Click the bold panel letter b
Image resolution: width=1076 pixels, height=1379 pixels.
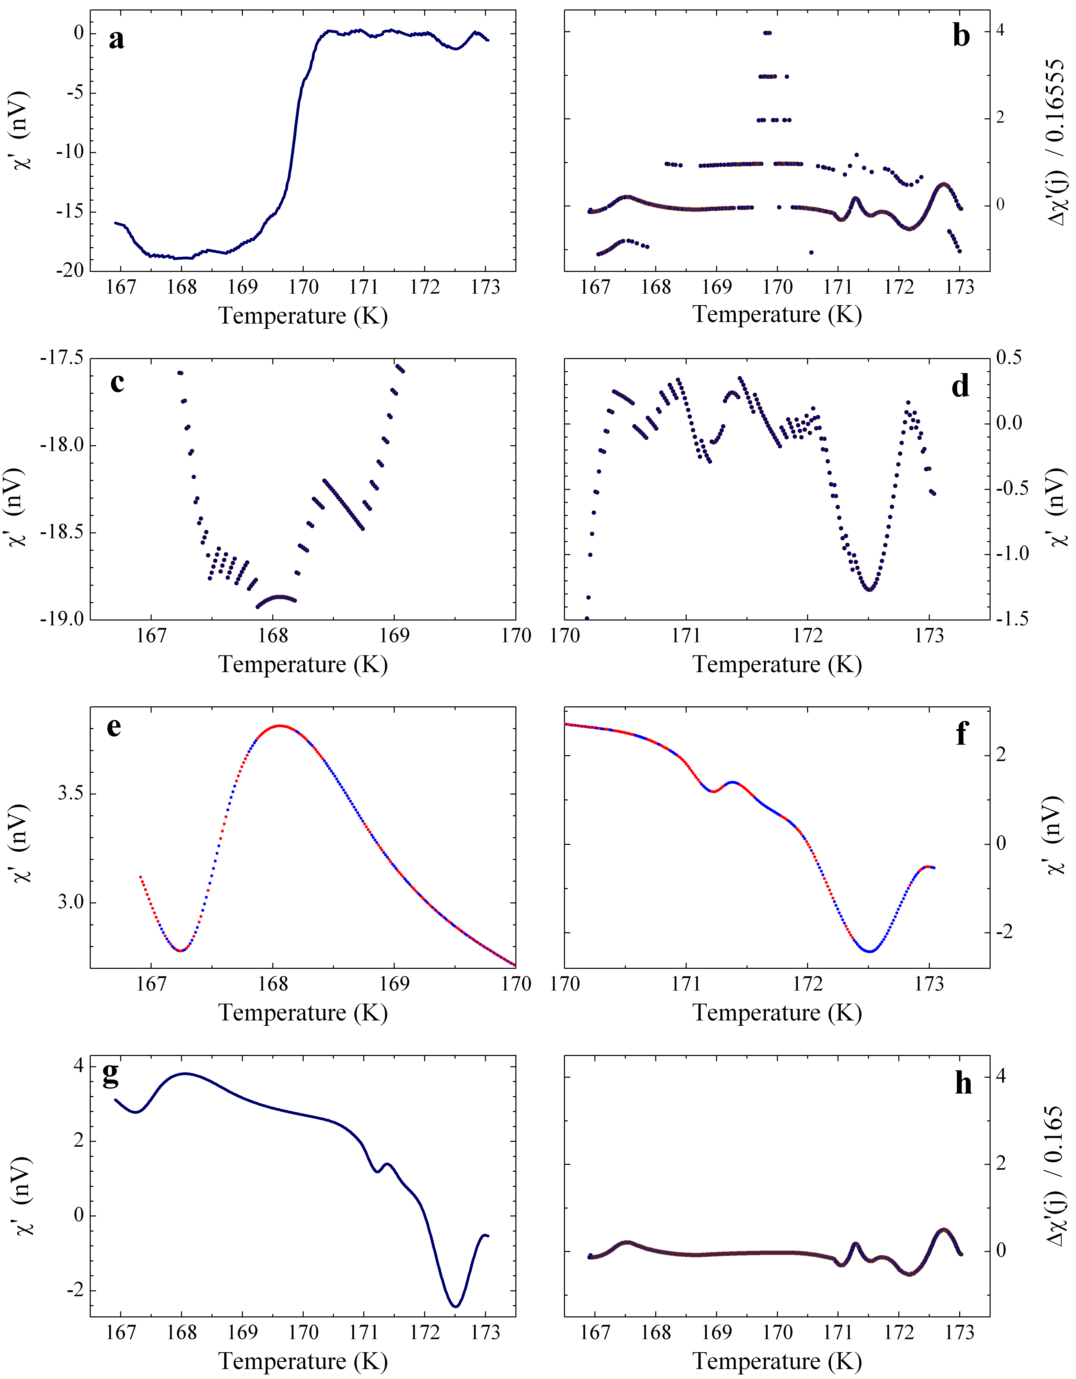click(x=961, y=36)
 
